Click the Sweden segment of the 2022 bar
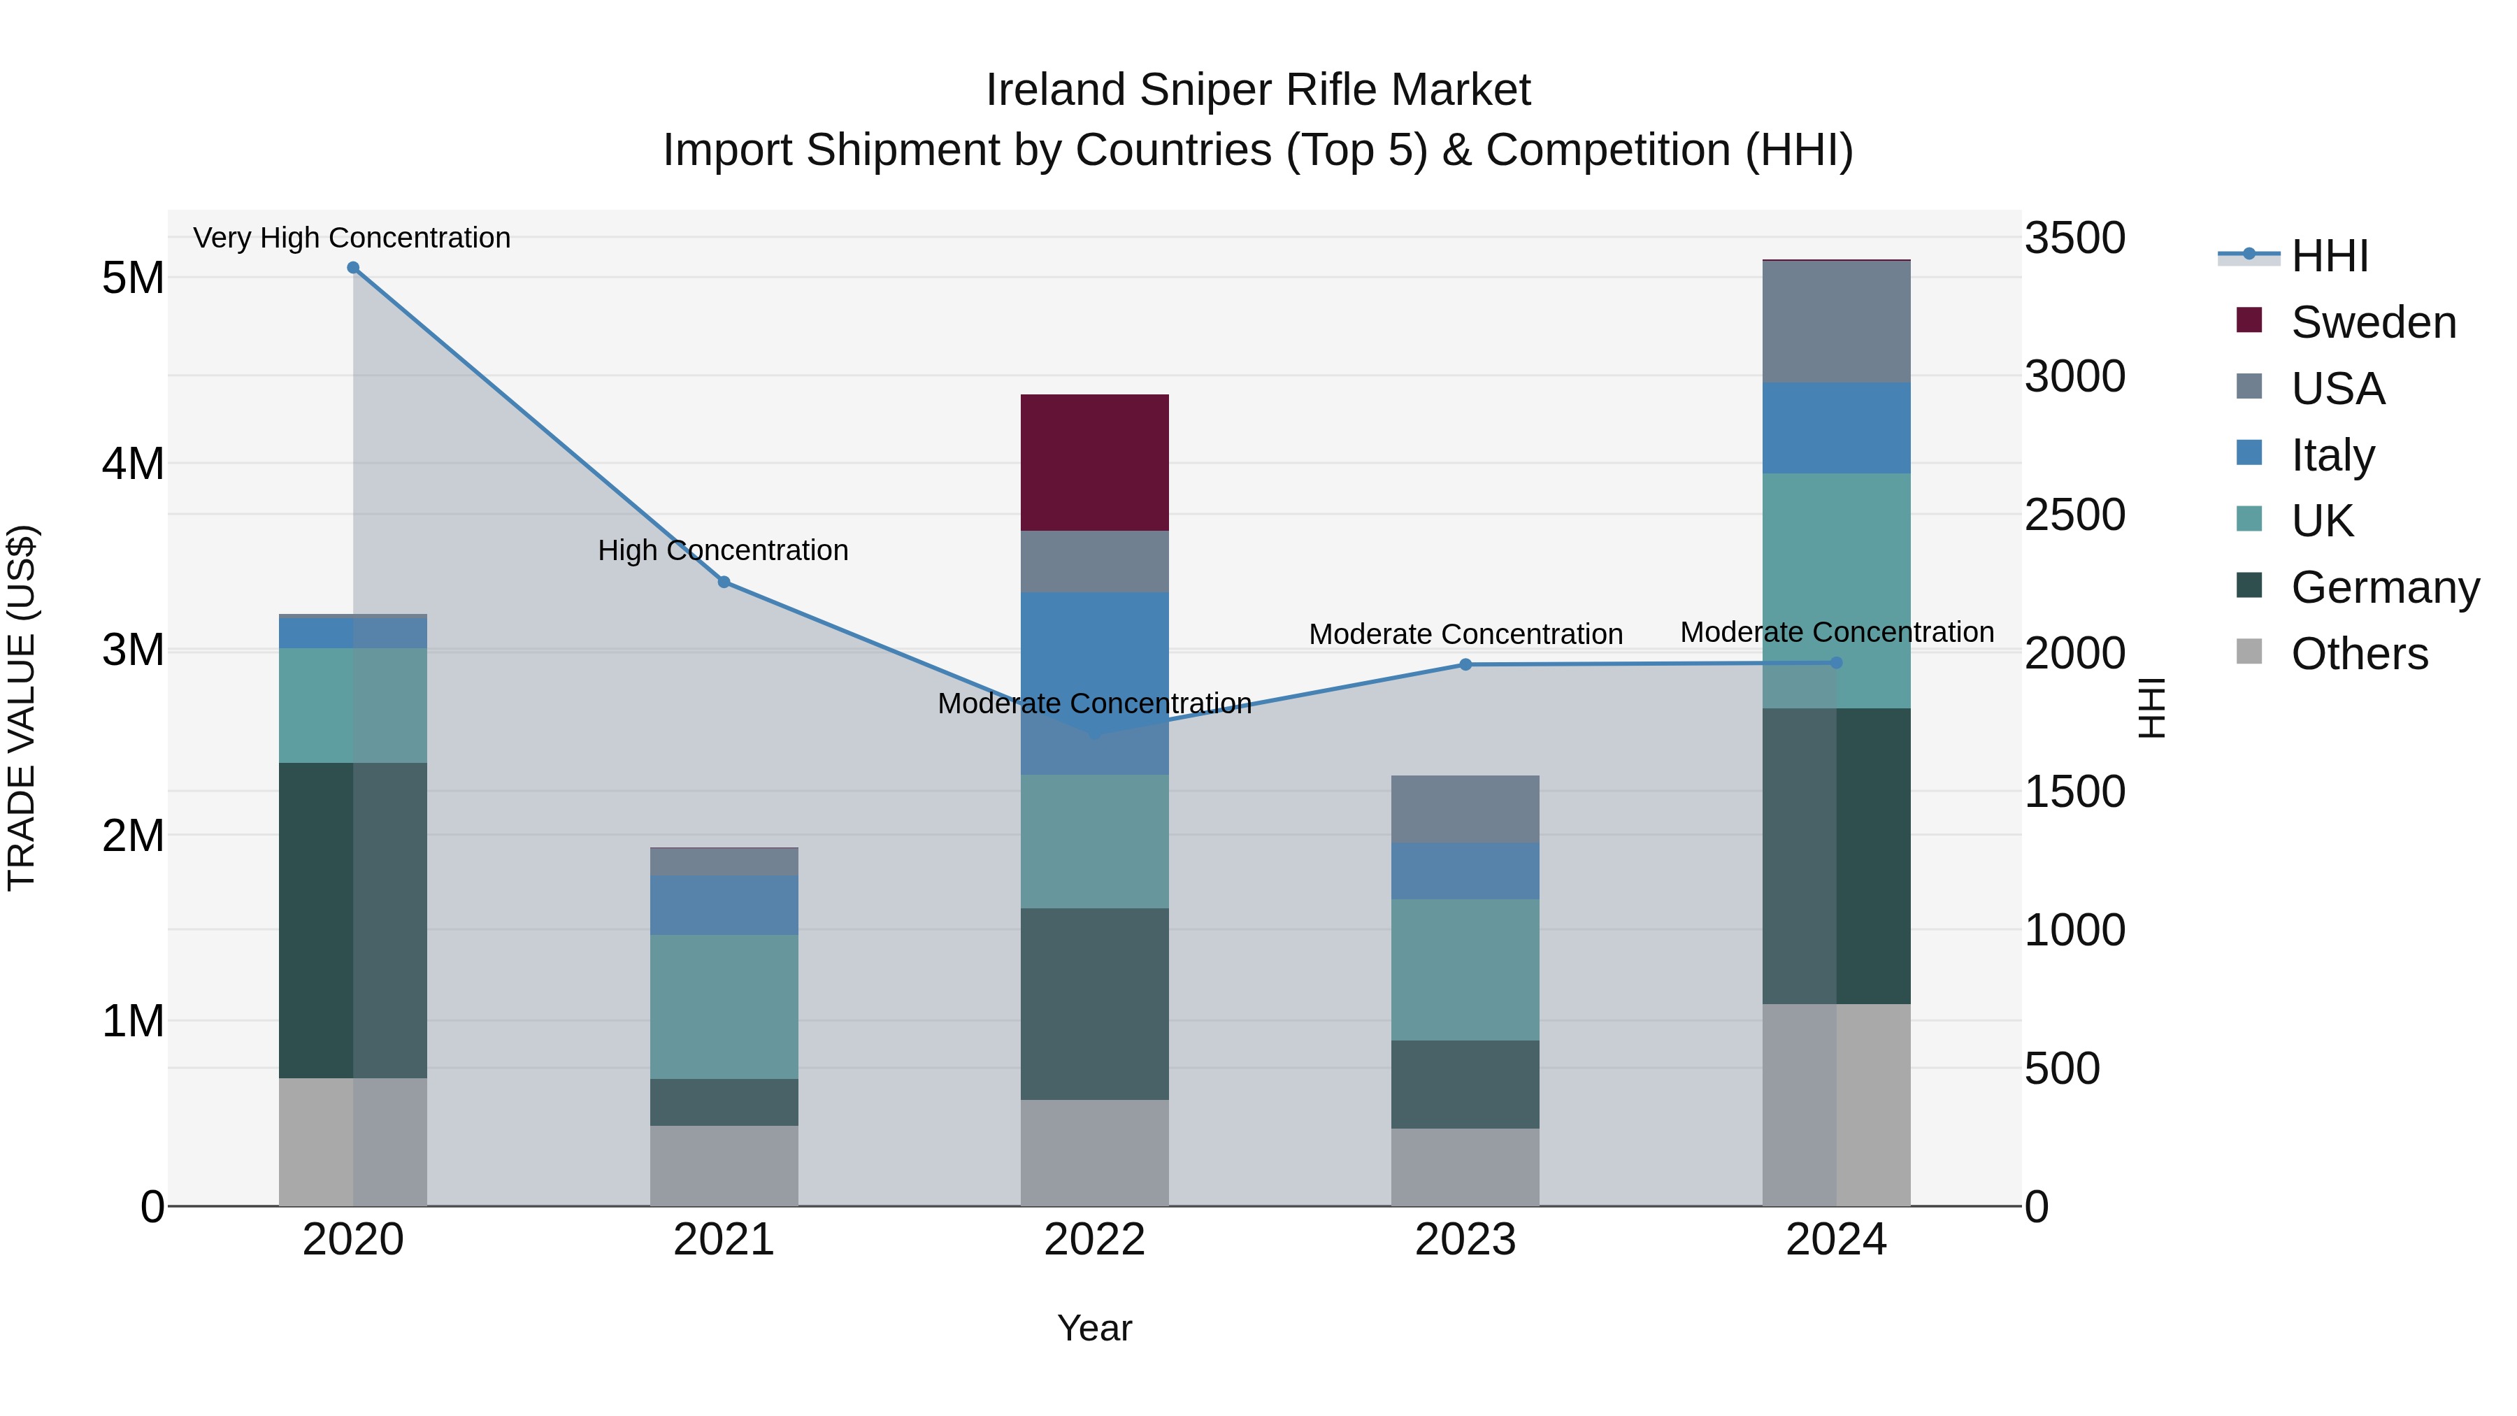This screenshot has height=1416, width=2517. click(x=1094, y=462)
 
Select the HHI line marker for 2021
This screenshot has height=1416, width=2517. click(x=724, y=582)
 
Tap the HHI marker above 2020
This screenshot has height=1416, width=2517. click(x=354, y=268)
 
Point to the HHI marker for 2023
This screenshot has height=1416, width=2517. click(x=1465, y=664)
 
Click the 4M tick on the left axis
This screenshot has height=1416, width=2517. click(x=133, y=463)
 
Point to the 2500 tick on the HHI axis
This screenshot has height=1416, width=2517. click(x=2074, y=515)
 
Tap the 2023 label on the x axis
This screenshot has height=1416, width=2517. click(x=1465, y=1240)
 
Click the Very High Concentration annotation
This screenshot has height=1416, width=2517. click(x=352, y=238)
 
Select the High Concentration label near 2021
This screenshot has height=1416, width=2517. click(x=723, y=550)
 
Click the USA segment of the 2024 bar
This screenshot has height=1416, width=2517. click(x=1836, y=322)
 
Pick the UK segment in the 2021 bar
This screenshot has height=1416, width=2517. click(x=724, y=1006)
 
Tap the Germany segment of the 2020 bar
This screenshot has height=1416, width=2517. click(x=353, y=920)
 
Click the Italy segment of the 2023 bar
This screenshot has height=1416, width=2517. click(x=1465, y=871)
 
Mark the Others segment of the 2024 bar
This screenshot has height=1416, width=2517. click(x=1836, y=1104)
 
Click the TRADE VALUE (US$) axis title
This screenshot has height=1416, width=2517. click(x=22, y=708)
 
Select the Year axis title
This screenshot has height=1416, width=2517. click(x=1094, y=1328)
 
